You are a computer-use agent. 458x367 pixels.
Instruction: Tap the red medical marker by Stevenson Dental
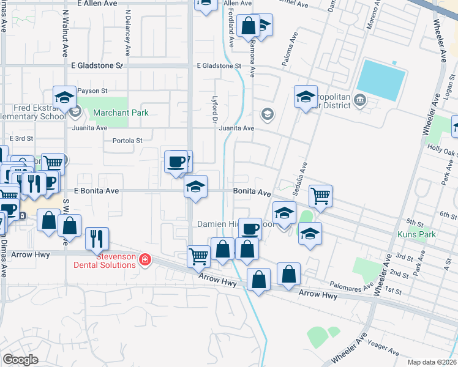145,260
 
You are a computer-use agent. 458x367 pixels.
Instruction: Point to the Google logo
20,360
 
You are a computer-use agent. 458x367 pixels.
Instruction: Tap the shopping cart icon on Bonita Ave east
320,196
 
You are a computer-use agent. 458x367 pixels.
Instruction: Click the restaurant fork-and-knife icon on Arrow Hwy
97,238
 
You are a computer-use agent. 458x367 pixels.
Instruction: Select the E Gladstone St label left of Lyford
97,65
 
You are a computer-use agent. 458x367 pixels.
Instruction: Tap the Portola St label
127,140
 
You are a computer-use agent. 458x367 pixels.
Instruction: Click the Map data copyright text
432,362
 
